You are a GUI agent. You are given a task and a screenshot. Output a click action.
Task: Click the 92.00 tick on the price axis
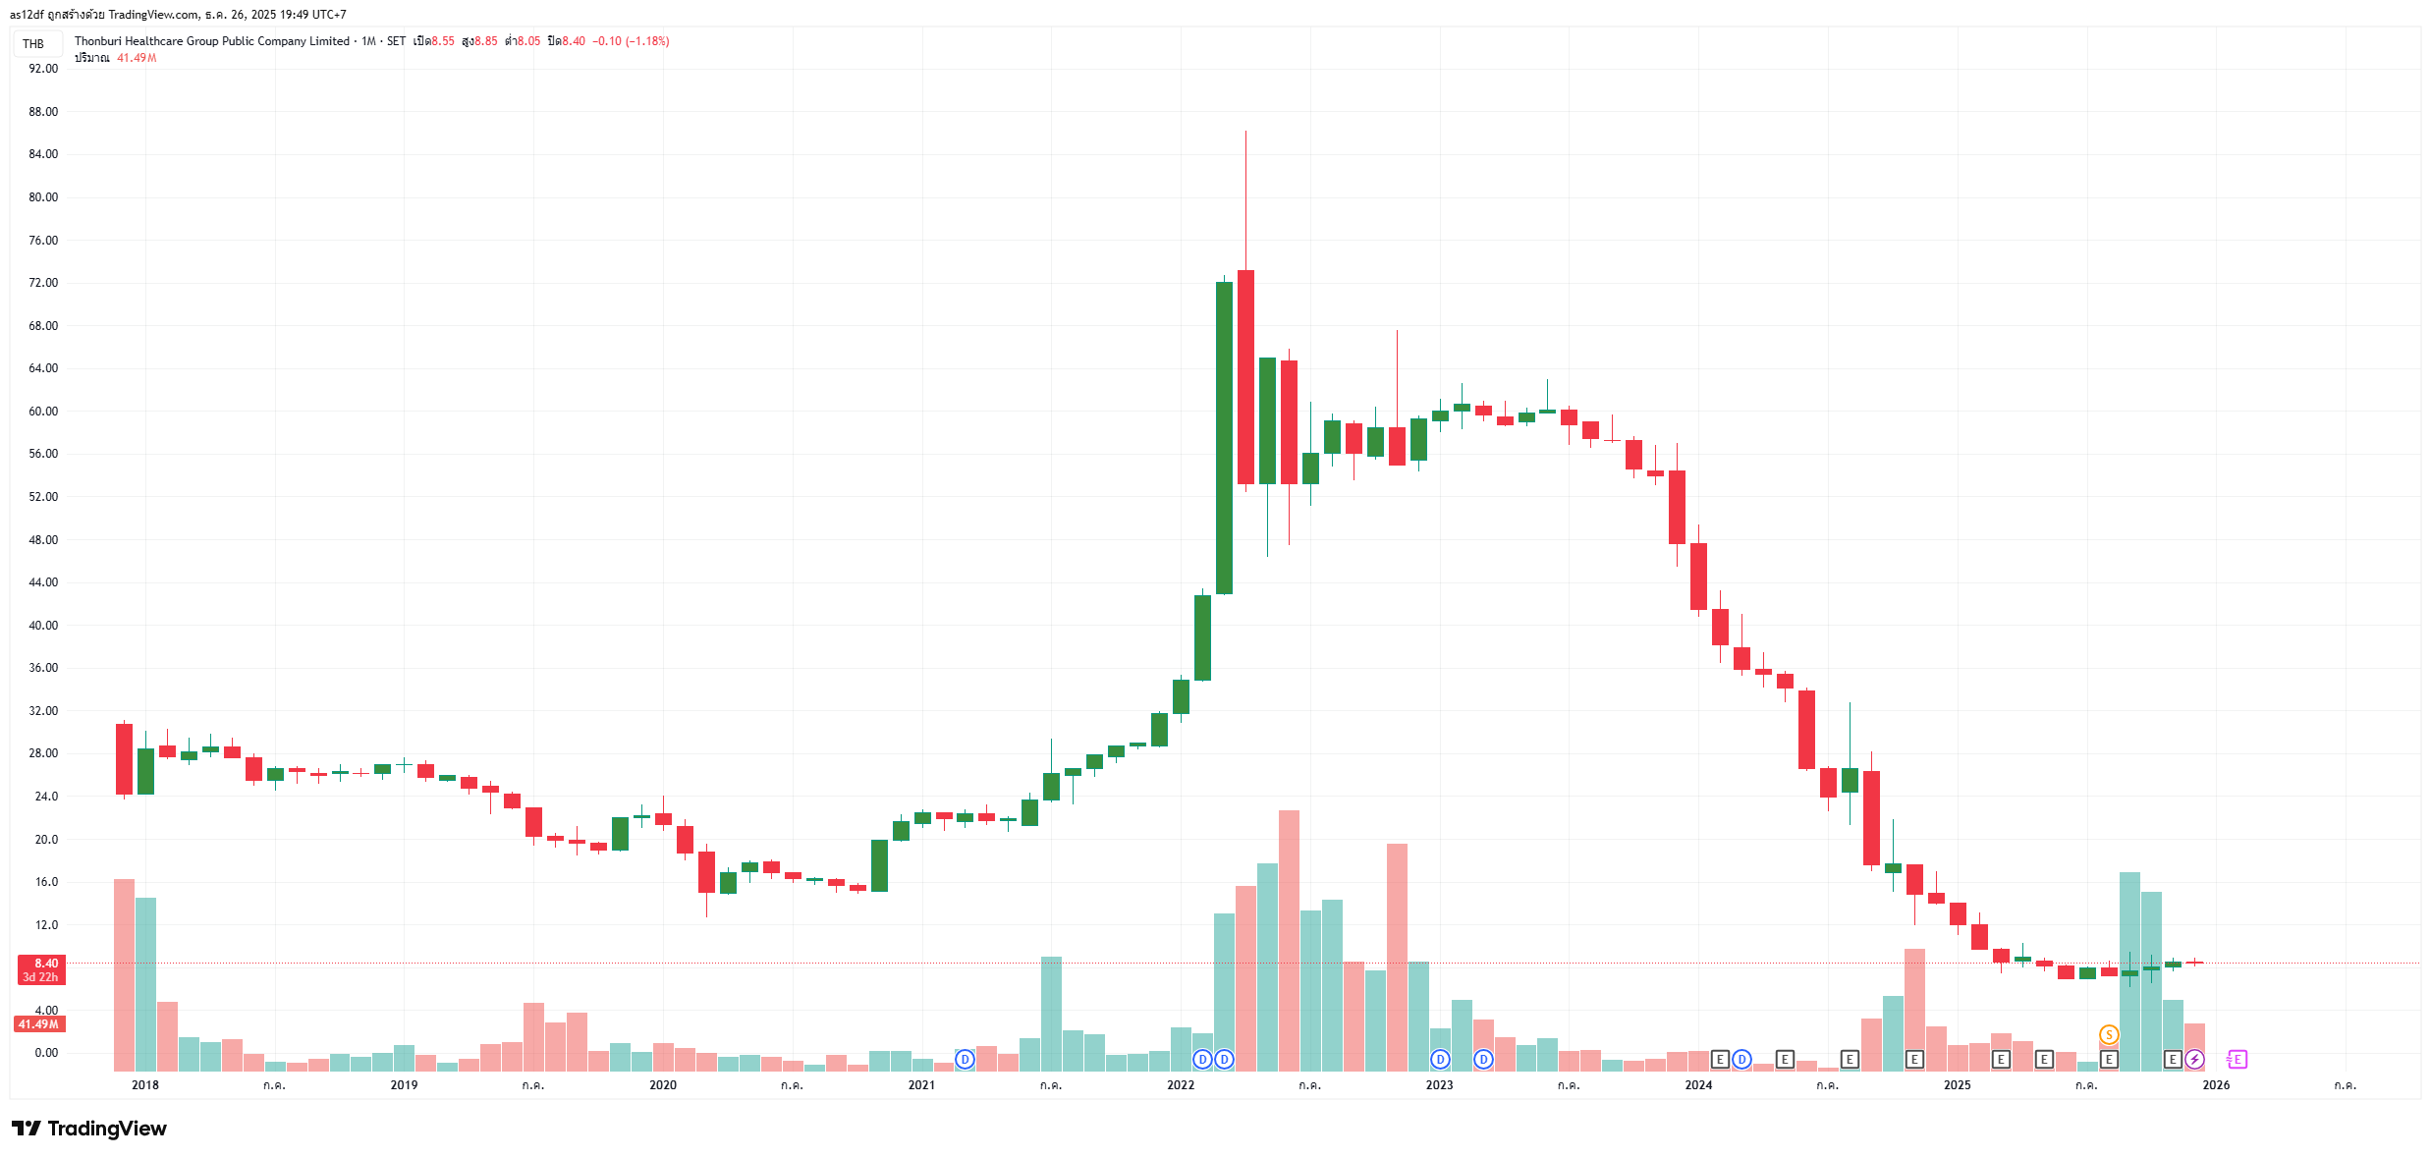(x=43, y=69)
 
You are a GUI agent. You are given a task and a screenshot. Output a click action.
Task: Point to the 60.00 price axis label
(x=43, y=412)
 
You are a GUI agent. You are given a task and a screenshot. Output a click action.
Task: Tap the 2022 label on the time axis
(x=1181, y=1085)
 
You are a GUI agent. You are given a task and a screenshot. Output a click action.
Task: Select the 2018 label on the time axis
(x=145, y=1085)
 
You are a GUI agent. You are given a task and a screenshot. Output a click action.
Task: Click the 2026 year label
(x=2216, y=1085)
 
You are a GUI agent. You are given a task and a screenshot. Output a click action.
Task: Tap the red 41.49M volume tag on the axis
(x=39, y=1024)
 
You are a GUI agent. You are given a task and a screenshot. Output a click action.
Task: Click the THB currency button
(x=34, y=43)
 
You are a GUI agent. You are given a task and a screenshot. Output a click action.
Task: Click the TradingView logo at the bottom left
(x=89, y=1129)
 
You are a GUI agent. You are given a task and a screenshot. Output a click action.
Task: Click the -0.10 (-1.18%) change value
(x=631, y=41)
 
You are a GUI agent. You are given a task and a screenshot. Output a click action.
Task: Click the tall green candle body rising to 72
(x=1224, y=437)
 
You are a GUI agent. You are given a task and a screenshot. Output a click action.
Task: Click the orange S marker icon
(x=2109, y=1035)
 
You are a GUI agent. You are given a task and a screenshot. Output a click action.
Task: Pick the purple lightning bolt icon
(x=2194, y=1060)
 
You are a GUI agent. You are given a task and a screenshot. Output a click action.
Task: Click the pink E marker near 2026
(x=2238, y=1060)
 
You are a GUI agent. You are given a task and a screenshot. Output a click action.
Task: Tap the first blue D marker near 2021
(x=966, y=1060)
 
